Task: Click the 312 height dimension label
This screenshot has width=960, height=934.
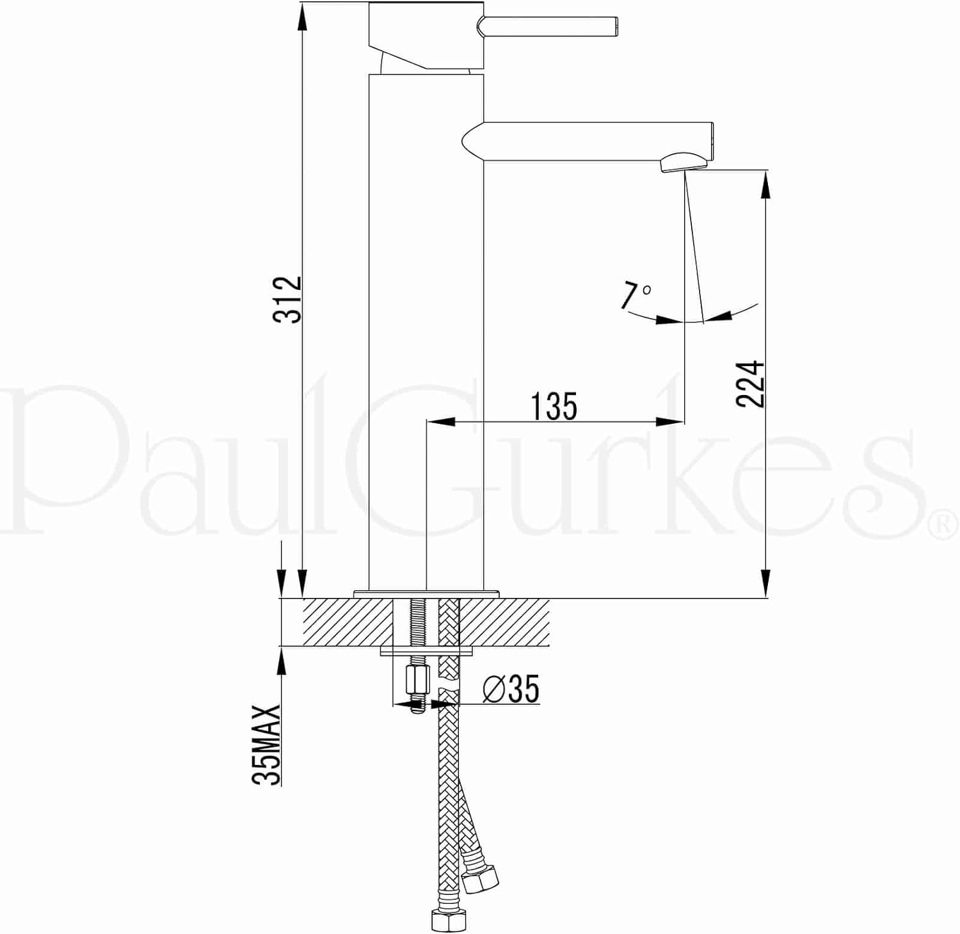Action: pyautogui.click(x=287, y=299)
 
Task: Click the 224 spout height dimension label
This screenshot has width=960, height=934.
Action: pyautogui.click(x=750, y=383)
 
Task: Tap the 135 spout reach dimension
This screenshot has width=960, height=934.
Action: pyautogui.click(x=554, y=407)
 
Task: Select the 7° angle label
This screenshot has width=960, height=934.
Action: pyautogui.click(x=635, y=296)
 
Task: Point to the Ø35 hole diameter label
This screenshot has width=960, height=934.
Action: pyautogui.click(x=511, y=688)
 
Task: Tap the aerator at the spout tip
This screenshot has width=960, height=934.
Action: pyautogui.click(x=684, y=161)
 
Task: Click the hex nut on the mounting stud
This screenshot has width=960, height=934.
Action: pyautogui.click(x=417, y=680)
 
